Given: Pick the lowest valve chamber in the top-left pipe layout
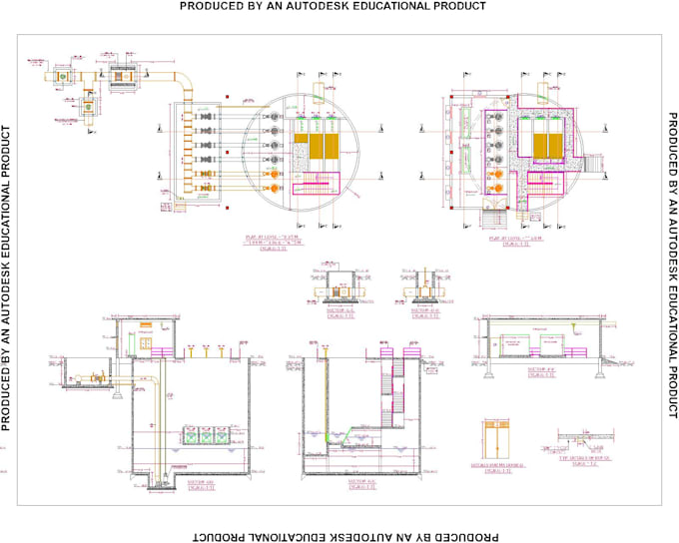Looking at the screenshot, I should point(88,109).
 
